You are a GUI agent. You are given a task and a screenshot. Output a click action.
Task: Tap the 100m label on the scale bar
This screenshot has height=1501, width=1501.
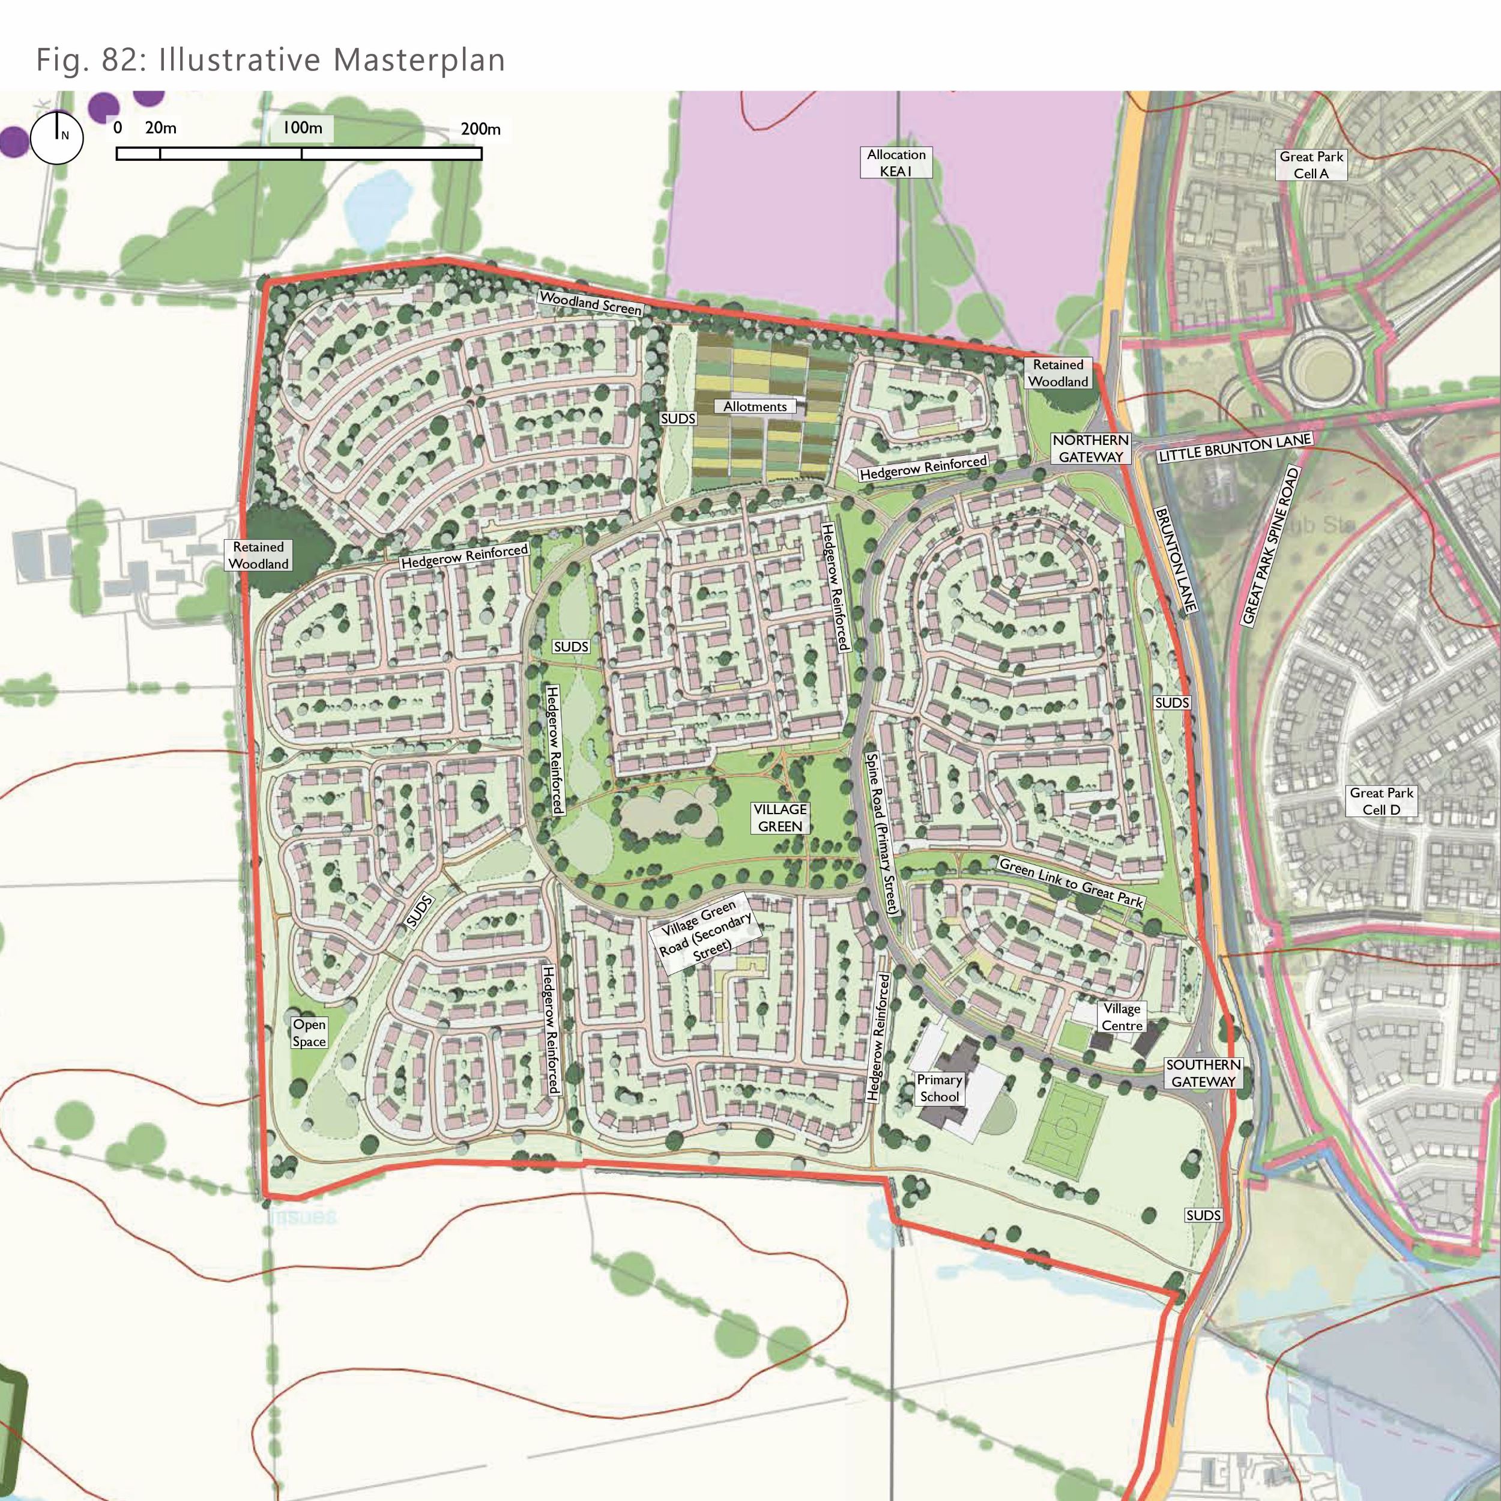(x=301, y=128)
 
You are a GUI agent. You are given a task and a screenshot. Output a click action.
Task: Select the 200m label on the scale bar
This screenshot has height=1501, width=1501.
(x=480, y=129)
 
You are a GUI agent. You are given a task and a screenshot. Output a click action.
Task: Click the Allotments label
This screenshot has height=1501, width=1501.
(x=754, y=406)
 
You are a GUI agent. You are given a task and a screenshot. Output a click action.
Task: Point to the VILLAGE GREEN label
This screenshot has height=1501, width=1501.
(x=780, y=817)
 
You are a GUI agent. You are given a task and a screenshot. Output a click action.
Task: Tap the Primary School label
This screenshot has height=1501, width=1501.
(x=939, y=1088)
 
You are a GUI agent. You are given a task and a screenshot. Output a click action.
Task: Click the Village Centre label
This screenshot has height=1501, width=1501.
(x=1122, y=1017)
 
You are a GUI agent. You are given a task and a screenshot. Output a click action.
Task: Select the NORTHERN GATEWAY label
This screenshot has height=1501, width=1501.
(x=1091, y=448)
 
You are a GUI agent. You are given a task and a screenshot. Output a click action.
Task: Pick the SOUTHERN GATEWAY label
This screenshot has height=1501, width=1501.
(x=1203, y=1073)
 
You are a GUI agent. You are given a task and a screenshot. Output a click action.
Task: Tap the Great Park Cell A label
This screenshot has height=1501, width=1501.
(x=1311, y=165)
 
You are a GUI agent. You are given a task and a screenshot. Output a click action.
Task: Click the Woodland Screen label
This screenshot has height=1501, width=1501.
(x=590, y=303)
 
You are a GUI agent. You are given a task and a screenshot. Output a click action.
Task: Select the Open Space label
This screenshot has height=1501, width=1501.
(x=309, y=1033)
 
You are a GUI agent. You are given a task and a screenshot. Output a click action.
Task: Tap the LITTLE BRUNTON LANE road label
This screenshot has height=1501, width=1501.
(x=1234, y=448)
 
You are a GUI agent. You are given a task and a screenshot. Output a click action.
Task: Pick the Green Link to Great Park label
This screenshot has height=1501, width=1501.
(x=1071, y=882)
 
